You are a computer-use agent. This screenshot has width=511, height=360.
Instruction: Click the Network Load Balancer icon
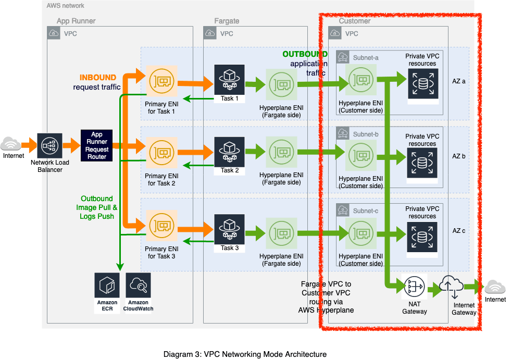coord(49,146)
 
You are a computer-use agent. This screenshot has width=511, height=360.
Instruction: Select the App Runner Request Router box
coord(97,145)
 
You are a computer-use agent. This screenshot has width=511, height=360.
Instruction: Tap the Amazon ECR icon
coord(107,285)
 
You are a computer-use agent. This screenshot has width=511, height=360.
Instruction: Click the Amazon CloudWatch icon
coord(138,285)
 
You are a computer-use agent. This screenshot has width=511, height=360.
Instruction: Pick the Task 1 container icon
coord(229,80)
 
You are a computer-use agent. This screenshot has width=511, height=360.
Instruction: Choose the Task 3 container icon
coord(229,229)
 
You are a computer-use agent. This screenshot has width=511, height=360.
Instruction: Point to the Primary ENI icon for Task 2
coord(161,153)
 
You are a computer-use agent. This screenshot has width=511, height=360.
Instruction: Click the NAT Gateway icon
coord(414,287)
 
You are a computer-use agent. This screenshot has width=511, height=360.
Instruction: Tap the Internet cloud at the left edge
coord(11,144)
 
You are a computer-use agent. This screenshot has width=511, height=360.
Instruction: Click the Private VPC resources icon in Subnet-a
coord(423,84)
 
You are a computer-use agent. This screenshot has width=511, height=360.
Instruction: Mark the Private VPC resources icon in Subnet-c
coord(422,238)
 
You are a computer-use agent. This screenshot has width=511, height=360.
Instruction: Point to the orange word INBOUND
coord(98,78)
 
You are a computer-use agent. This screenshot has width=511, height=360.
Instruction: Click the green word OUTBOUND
coord(305,54)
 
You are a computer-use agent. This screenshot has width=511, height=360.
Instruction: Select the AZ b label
coord(458,156)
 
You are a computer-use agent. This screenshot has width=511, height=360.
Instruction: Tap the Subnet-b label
coord(366,134)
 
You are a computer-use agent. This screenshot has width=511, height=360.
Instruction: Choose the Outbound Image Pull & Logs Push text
coord(97,207)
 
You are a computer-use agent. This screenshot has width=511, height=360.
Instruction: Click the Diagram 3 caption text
coord(245,354)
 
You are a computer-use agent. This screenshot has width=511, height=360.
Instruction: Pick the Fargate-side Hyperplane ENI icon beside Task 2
coord(281,152)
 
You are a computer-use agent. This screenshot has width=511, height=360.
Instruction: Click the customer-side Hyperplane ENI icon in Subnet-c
coord(361,233)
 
